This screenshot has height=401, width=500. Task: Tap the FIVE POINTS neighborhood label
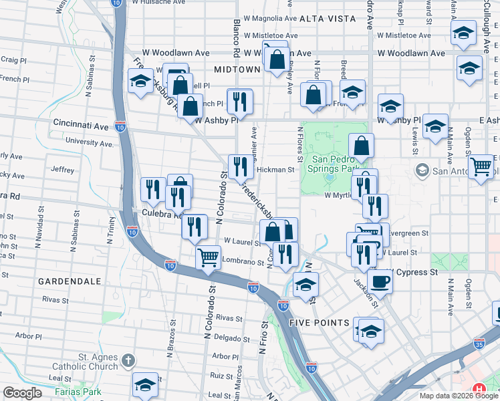point(319,323)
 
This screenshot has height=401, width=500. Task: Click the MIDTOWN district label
point(237,69)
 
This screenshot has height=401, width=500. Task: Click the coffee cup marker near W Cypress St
point(380,282)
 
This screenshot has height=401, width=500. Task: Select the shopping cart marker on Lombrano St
point(209,256)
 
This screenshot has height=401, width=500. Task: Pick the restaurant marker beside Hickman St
point(240,166)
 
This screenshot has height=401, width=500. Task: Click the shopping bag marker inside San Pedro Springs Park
point(361,145)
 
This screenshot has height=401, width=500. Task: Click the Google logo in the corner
point(22,393)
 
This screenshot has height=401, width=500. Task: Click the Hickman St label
point(275,170)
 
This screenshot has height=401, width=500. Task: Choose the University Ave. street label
point(89,142)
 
